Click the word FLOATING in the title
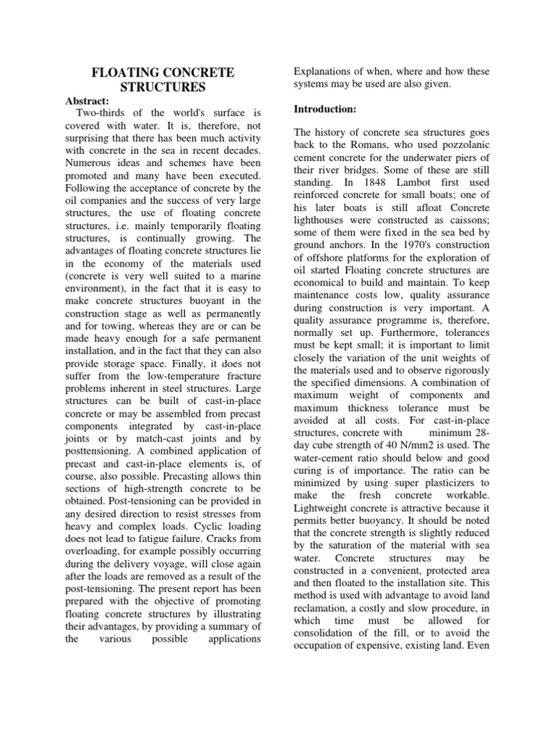click(x=121, y=73)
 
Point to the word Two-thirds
click(x=99, y=114)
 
